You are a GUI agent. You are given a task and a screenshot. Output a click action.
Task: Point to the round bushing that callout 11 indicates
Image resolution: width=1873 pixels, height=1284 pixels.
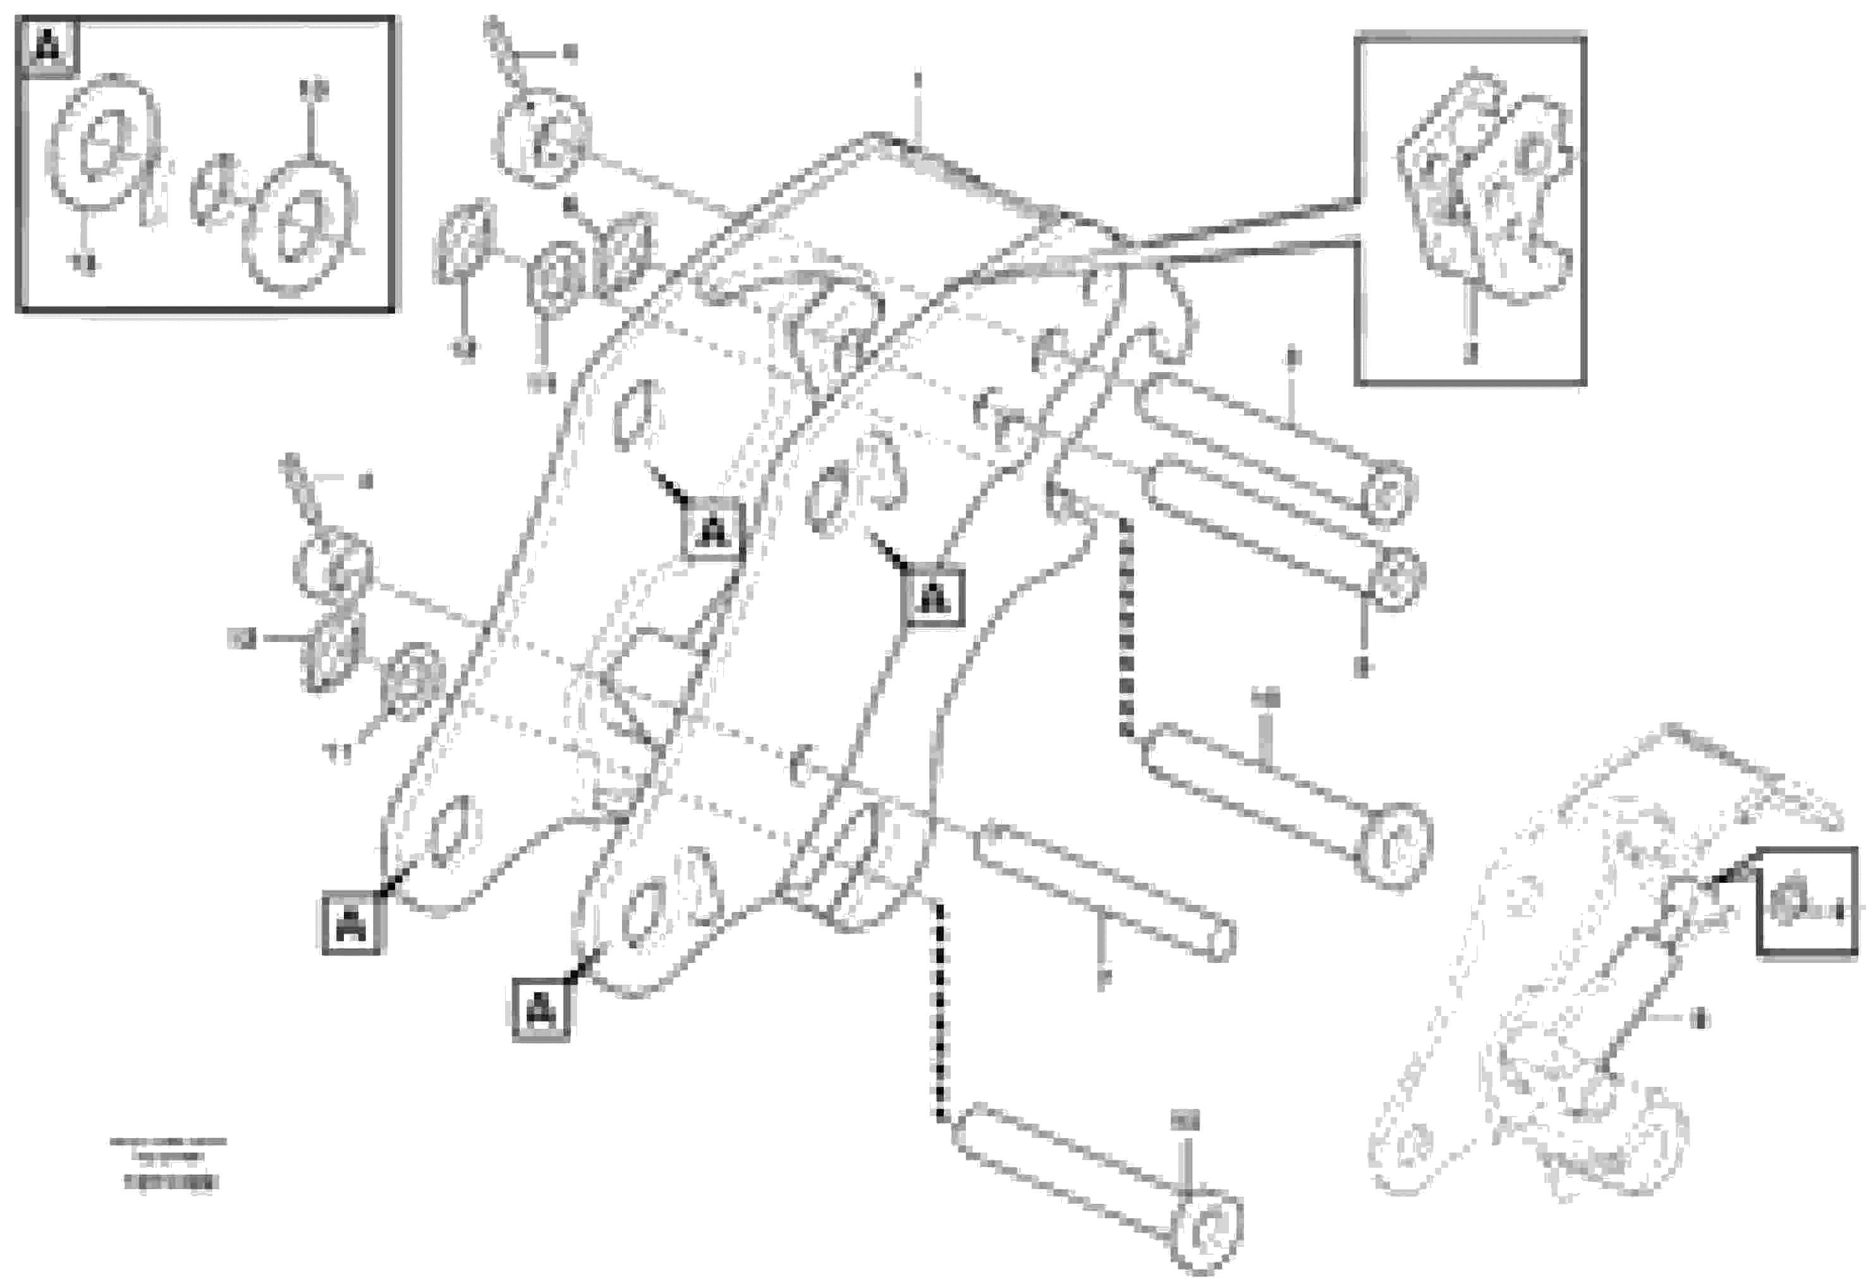[x=414, y=681]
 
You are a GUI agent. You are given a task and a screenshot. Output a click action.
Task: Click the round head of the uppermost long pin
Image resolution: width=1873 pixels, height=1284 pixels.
[x=1388, y=493]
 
